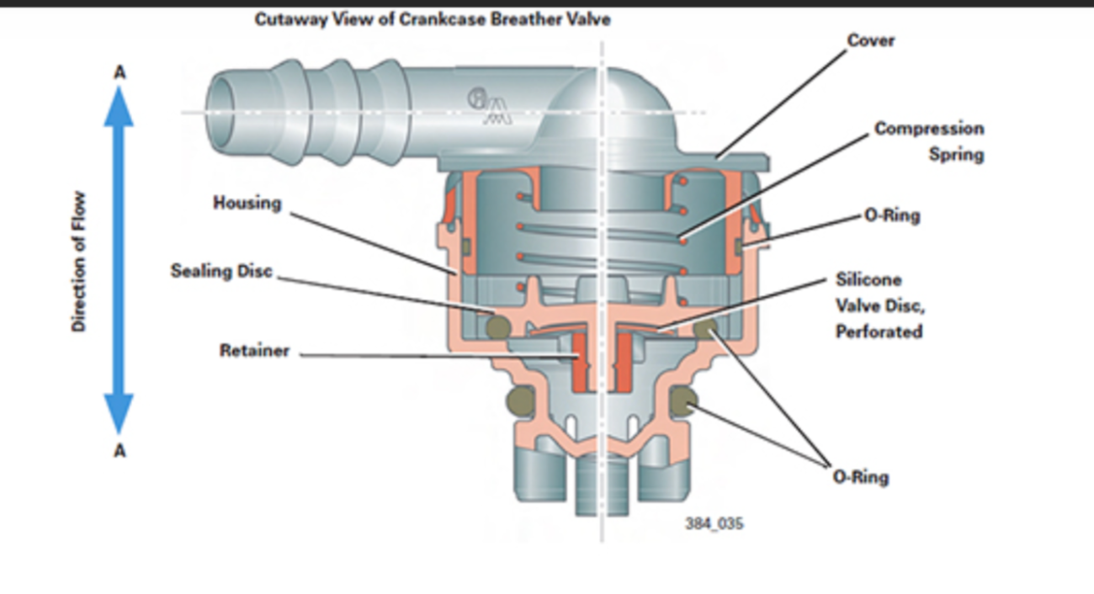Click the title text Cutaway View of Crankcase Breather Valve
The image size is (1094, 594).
[433, 19]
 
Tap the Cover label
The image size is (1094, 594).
[871, 40]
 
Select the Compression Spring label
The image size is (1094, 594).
[929, 141]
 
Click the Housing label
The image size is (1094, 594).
[247, 203]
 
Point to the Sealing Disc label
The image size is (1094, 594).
[221, 271]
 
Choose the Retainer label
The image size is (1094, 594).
[254, 350]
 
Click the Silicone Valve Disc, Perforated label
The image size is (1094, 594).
[880, 305]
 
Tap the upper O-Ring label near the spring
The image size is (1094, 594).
[892, 215]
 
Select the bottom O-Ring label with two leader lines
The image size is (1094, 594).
[861, 477]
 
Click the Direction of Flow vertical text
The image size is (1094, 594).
[78, 262]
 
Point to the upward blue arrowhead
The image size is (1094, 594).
[119, 107]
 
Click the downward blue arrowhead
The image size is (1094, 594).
[119, 414]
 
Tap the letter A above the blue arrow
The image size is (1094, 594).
[119, 73]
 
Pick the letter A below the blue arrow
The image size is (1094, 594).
[119, 450]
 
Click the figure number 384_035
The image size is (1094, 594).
[714, 523]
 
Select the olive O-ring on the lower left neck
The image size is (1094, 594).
[521, 401]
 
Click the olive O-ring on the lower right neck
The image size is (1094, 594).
[683, 401]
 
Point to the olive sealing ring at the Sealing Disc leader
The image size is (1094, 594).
[498, 327]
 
